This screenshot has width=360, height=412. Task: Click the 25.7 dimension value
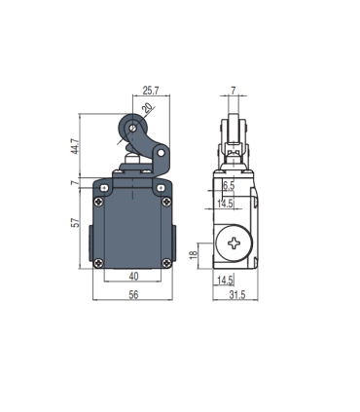click(151, 91)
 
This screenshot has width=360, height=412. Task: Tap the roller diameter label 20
click(148, 107)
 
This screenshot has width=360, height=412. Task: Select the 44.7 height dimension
click(75, 146)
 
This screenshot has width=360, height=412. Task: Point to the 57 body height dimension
click(75, 222)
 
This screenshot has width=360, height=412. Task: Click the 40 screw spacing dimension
click(133, 277)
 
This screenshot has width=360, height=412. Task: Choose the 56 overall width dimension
click(133, 294)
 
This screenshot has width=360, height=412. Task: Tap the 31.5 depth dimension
click(237, 295)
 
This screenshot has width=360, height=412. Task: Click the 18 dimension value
click(194, 254)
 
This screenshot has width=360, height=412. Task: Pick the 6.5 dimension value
click(229, 186)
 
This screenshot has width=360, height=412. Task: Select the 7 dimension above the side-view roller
click(234, 91)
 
